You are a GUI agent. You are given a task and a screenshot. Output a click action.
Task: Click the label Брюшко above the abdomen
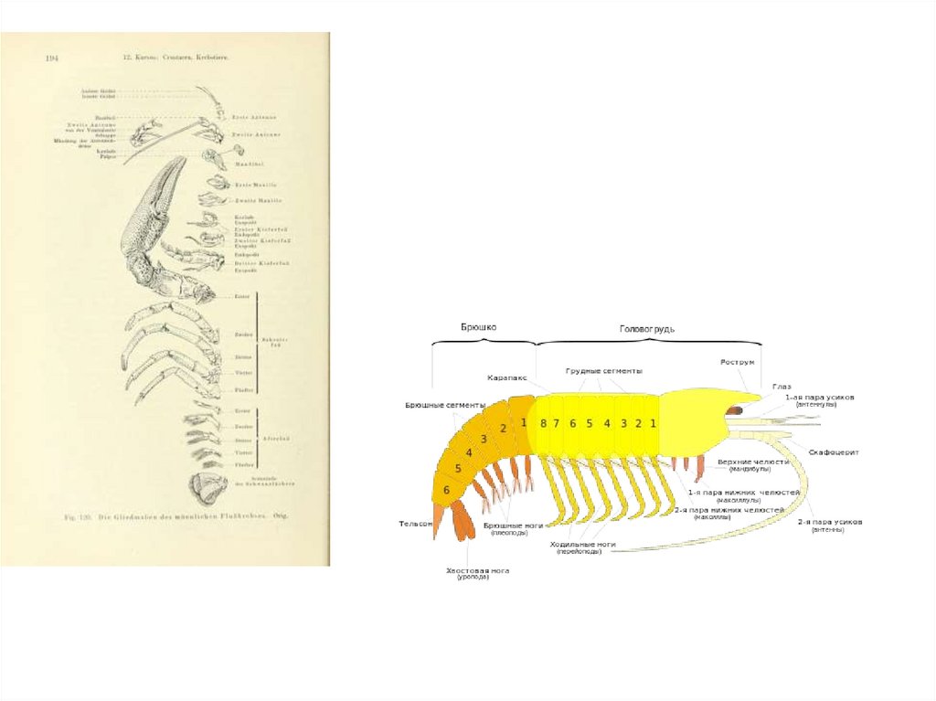coord(479,327)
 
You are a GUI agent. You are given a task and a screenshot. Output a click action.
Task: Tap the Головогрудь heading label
coord(647,328)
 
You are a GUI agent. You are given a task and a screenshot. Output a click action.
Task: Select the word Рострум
coord(738,362)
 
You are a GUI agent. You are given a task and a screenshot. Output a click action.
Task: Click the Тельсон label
coord(412,524)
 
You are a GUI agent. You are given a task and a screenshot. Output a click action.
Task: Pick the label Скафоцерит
coord(835,451)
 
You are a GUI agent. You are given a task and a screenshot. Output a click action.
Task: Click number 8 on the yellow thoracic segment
coord(543,423)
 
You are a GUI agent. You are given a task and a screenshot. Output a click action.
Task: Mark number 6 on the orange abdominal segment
coord(446,490)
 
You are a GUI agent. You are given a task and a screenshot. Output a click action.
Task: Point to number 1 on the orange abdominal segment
coord(524,422)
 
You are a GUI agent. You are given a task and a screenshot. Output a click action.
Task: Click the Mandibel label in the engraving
coord(243,164)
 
